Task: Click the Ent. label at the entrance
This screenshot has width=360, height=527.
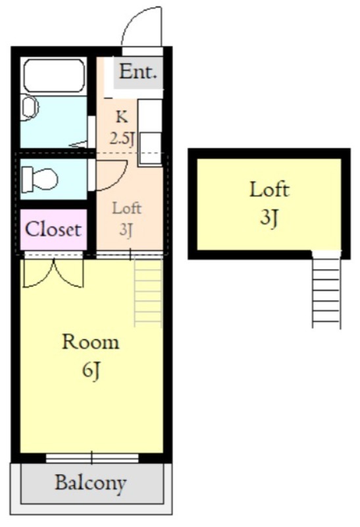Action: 138,72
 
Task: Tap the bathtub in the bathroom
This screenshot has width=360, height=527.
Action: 54,75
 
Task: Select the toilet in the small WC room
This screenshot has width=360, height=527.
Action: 39,179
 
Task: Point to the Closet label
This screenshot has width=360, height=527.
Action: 53,229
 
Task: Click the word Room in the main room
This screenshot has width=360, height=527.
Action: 91,342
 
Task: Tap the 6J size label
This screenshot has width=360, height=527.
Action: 91,370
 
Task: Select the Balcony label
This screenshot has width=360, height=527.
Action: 91,483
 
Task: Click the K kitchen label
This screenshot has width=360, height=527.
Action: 122,117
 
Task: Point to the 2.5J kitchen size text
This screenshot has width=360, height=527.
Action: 122,138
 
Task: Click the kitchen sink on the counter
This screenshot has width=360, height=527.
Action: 150,148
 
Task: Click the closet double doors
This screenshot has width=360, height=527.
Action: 53,274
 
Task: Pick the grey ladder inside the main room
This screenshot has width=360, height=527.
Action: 148,291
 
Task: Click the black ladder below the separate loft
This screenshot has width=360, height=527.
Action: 326,289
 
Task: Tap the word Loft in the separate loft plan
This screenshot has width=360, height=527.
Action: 269,189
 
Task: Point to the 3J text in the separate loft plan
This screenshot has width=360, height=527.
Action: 269,217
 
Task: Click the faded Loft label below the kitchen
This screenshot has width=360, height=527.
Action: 126,208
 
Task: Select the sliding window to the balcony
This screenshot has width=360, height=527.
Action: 92,458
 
